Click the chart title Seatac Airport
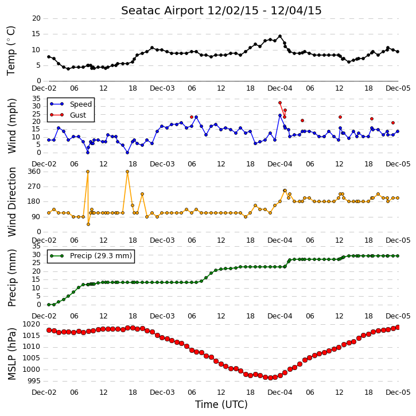coord(162,10)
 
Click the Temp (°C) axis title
coord(11,50)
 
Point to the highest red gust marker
coord(280,103)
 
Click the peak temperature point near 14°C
coord(280,36)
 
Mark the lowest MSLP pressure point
coord(270,378)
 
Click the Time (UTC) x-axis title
coord(221,405)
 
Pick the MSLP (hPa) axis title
coord(11,353)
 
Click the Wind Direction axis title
coord(11,202)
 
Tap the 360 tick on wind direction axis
coord(34,172)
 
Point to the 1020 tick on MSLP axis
coord(31,324)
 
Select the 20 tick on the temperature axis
coord(36,18)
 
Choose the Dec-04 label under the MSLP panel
coord(280,392)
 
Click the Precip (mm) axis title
coord(11,278)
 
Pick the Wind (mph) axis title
coord(11,126)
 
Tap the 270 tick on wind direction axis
coord(34,186)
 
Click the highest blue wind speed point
coord(280,115)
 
